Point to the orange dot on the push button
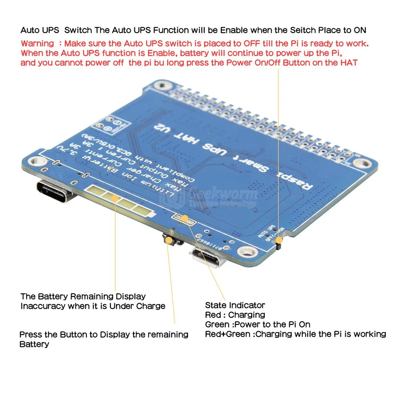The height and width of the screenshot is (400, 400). coord(170,240)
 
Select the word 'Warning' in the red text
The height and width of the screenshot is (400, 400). coord(37,43)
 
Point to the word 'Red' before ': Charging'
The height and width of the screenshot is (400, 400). coord(212,315)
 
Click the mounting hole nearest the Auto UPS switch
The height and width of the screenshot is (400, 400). coord(362,163)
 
